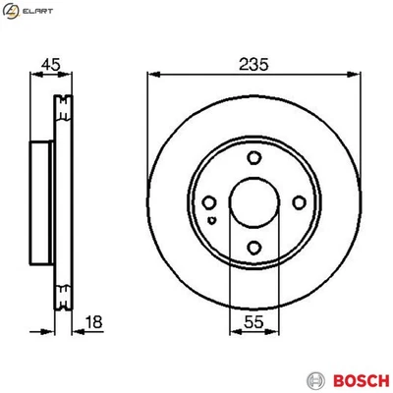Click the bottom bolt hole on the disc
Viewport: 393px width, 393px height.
[253, 249]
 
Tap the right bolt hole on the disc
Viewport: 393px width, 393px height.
[299, 203]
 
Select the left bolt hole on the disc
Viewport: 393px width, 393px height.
[208, 203]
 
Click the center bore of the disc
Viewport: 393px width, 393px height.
[253, 203]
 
